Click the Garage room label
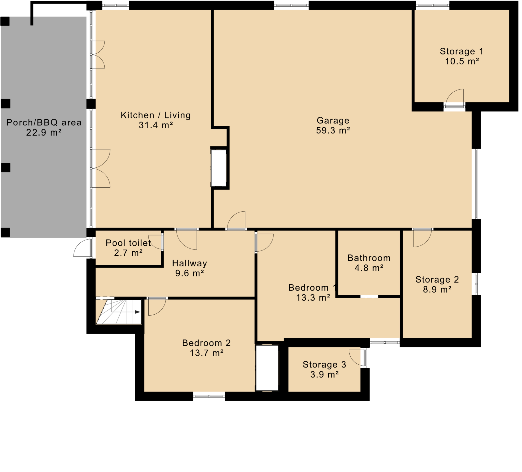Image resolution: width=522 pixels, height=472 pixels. click(333, 121)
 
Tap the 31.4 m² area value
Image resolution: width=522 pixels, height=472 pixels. click(156, 125)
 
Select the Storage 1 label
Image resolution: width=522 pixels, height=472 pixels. click(462, 51)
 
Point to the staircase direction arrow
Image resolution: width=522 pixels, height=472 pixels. click(126, 312)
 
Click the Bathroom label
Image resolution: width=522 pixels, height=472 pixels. click(369, 258)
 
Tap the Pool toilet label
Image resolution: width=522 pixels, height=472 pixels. click(128, 243)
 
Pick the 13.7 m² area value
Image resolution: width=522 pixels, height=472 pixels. click(207, 353)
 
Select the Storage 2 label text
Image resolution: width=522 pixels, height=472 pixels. click(437, 279)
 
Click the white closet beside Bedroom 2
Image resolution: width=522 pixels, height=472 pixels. click(267, 368)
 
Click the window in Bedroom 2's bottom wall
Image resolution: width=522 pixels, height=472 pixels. click(209, 396)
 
